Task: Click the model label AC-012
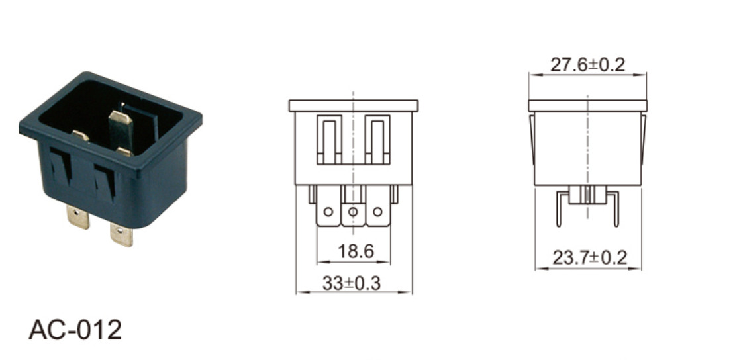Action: click(x=75, y=330)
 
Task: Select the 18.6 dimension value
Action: click(x=356, y=251)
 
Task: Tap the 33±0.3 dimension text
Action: click(x=352, y=283)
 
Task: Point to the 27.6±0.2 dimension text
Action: click(x=587, y=64)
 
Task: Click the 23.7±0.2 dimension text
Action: click(x=589, y=257)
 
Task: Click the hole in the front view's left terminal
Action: click(x=328, y=212)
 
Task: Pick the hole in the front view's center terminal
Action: click(x=353, y=212)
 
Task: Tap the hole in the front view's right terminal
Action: click(x=377, y=212)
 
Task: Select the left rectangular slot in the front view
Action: click(x=329, y=140)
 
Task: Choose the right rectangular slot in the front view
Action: click(x=377, y=140)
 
